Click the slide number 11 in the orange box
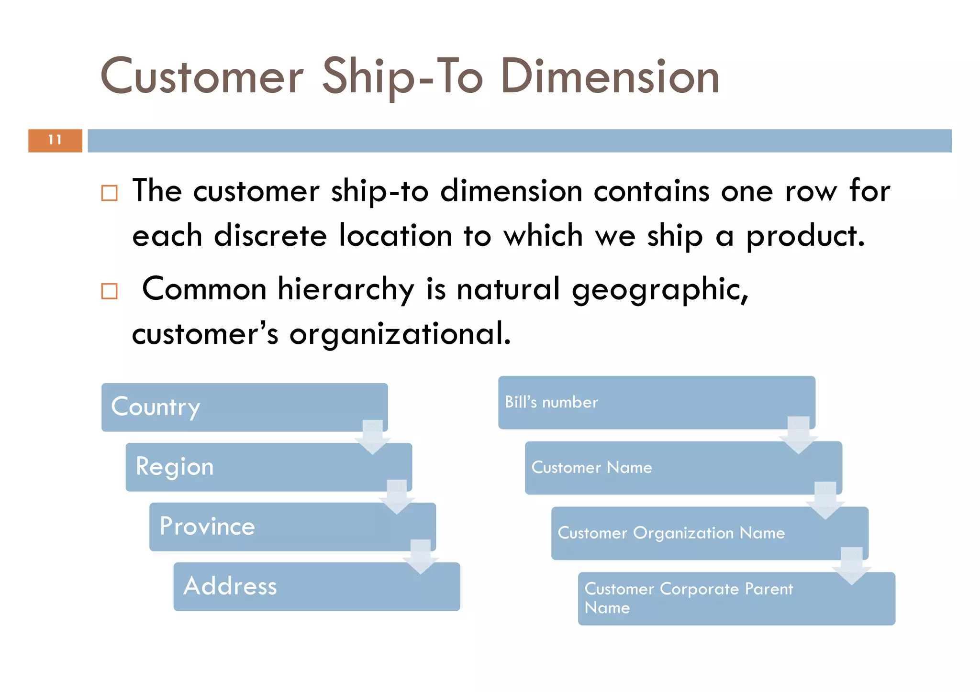(55, 140)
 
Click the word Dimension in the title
(610, 77)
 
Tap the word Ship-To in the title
(402, 77)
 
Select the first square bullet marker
(110, 193)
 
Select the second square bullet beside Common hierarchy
(110, 291)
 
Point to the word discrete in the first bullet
(270, 236)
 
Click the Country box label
(156, 407)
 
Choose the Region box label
(175, 467)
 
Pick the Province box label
(207, 527)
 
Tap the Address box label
(230, 586)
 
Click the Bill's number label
(551, 402)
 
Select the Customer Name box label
(591, 468)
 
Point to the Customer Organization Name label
(671, 533)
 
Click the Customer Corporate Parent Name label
(689, 598)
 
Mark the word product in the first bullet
(805, 236)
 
